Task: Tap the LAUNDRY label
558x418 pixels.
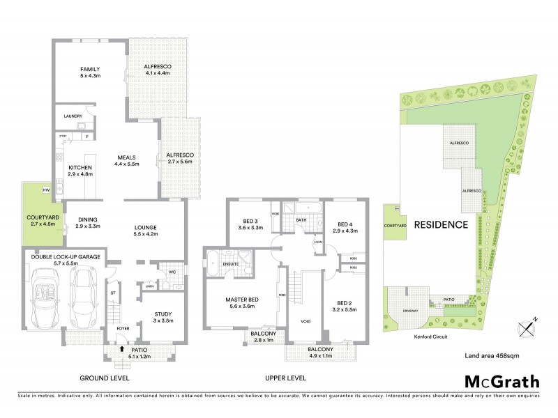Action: [73, 116]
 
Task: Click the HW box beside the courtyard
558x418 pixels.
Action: [46, 189]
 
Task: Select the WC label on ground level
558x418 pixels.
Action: [171, 272]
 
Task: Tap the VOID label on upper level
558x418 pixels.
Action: [305, 321]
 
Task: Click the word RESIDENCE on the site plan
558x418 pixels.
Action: [441, 225]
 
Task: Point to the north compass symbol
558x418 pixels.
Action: [525, 327]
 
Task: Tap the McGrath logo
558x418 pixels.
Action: [502, 381]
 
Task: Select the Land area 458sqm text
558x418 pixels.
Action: [491, 356]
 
